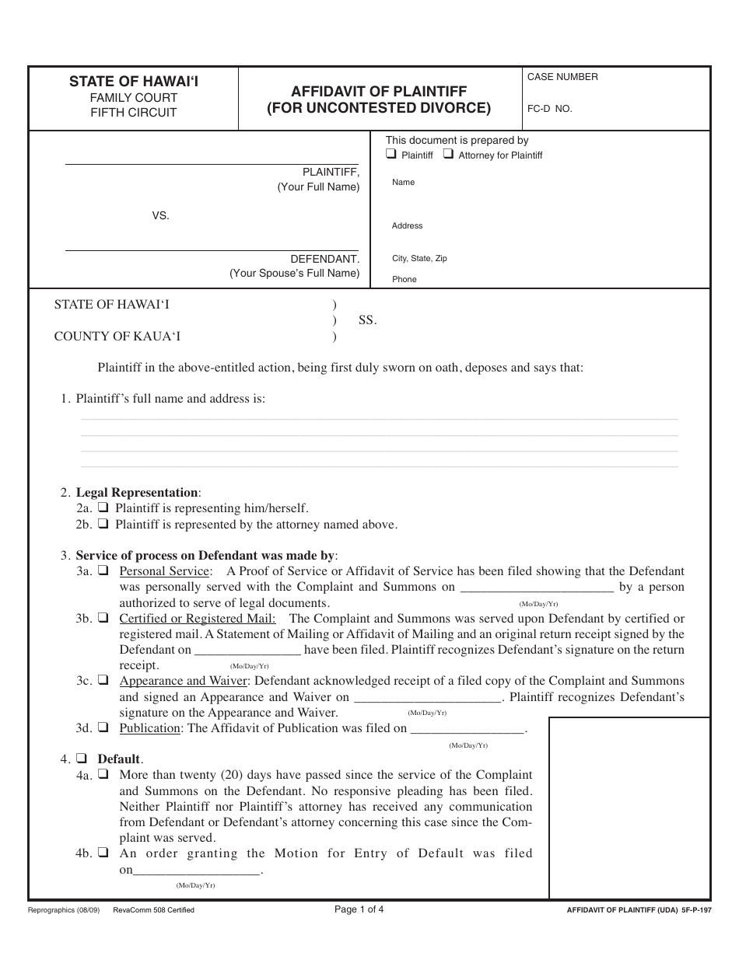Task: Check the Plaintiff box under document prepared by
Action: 391,155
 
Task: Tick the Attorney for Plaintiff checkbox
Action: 448,155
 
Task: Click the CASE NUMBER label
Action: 562,77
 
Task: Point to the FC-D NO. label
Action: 549,109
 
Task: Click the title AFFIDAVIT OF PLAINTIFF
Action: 379,92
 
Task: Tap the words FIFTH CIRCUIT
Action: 133,113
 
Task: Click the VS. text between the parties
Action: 160,216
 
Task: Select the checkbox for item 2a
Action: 103,508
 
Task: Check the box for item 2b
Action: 103,524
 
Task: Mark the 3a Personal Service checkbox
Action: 103,571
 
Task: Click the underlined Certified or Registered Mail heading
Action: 197,619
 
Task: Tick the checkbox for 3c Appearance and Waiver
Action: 103,681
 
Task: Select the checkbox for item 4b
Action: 103,853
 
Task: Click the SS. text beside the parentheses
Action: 367,320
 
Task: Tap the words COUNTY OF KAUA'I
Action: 117,337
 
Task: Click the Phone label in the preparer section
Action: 404,279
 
